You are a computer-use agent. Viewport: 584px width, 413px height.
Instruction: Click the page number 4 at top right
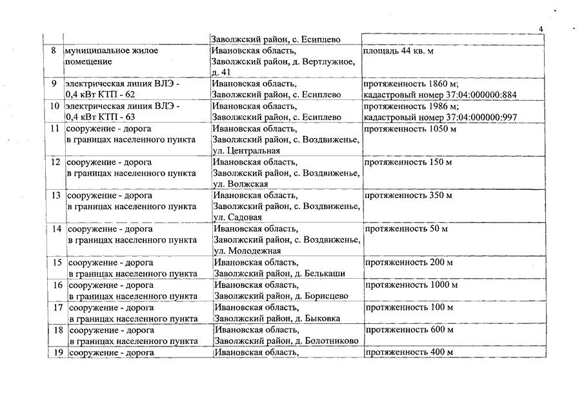tap(541, 29)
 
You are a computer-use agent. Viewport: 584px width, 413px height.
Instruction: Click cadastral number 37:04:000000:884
tap(472, 95)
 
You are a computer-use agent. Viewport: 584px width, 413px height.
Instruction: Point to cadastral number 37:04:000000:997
tap(472, 117)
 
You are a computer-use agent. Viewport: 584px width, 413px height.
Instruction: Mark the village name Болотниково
tap(330, 341)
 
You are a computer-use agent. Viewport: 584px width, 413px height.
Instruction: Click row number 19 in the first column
tap(56, 352)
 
